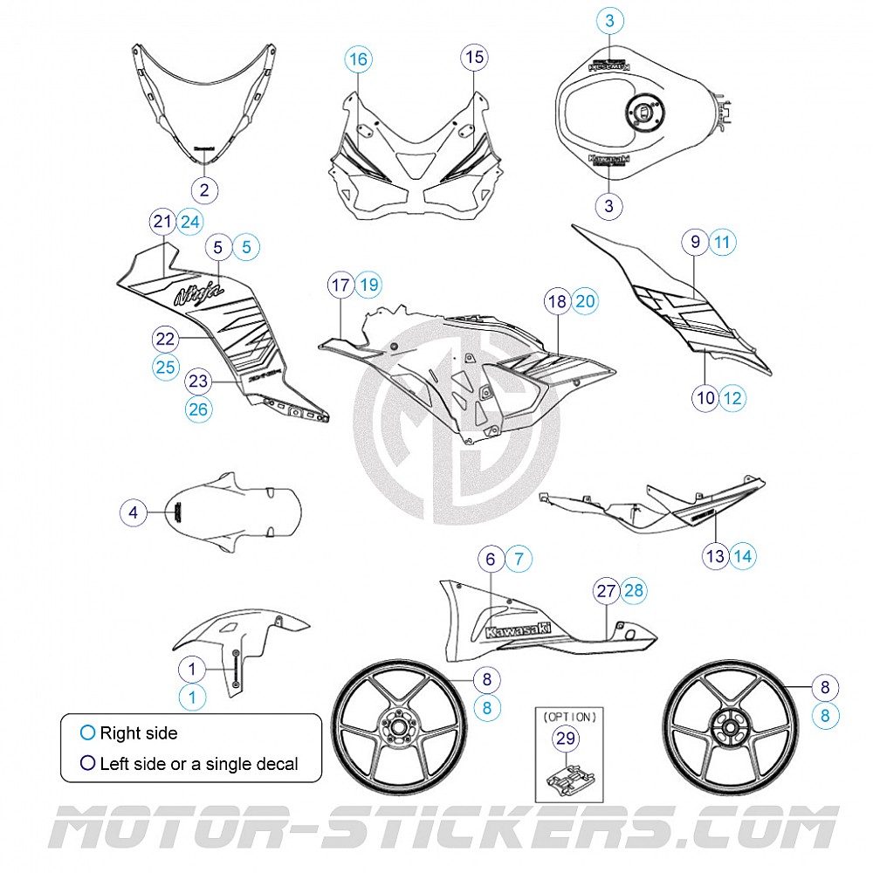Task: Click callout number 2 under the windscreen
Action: (x=204, y=189)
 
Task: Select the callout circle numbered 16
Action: (x=359, y=59)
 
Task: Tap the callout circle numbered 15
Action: (x=473, y=58)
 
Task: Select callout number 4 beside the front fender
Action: (x=134, y=513)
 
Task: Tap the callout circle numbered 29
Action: (x=567, y=739)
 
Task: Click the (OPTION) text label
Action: (x=567, y=717)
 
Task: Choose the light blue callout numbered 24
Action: (x=190, y=222)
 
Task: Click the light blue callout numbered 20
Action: (x=585, y=301)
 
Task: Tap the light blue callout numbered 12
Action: (x=733, y=398)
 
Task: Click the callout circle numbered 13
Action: (x=716, y=555)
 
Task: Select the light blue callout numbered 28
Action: (x=634, y=590)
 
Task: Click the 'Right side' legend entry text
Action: (x=138, y=733)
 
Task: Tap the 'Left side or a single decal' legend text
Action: (x=198, y=764)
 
